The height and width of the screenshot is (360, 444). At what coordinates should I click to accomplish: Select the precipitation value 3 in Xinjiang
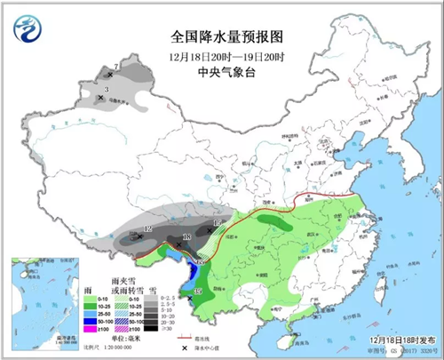coord(107,90)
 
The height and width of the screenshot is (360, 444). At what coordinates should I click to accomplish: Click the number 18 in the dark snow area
coord(186,236)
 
